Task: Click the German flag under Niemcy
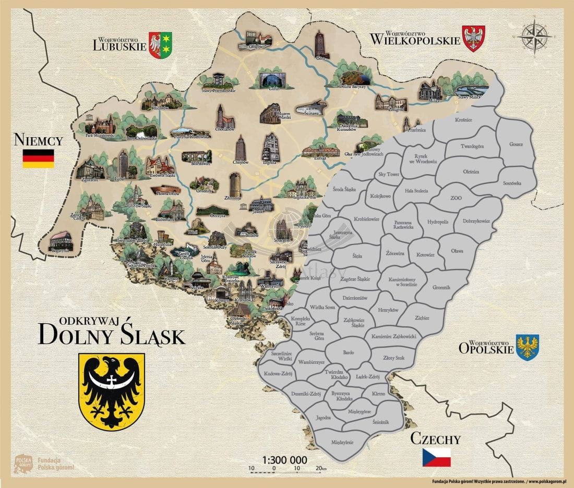(38, 158)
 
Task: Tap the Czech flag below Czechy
(436, 457)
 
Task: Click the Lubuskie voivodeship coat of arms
(160, 45)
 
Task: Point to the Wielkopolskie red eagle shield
(474, 39)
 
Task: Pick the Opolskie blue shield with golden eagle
(528, 347)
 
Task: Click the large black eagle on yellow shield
(111, 391)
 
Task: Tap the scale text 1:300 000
(284, 460)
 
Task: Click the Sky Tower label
(388, 175)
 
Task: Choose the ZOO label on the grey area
(456, 199)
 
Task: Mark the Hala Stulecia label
(416, 191)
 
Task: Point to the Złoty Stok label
(393, 358)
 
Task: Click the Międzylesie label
(342, 442)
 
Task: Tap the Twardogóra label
(473, 147)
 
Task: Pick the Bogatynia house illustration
(62, 241)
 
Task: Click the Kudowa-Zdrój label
(277, 374)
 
